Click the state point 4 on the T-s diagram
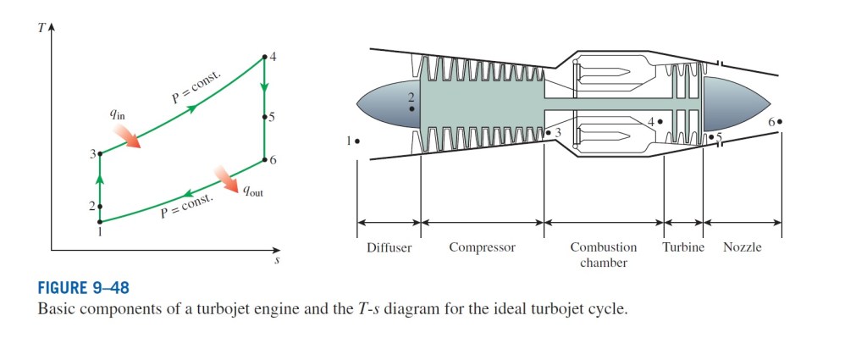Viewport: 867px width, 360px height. click(264, 57)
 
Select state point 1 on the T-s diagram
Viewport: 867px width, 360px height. click(100, 222)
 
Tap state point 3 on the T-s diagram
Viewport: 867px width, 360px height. click(100, 153)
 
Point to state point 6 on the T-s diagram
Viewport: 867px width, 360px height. click(264, 159)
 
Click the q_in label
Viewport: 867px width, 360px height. click(115, 115)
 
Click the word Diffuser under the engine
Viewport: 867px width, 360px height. click(389, 248)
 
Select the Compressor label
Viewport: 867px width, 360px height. click(482, 248)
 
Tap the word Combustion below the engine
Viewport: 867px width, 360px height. click(603, 248)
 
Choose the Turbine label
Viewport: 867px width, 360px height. click(683, 248)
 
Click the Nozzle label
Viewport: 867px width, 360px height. click(743, 248)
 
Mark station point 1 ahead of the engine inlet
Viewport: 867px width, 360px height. click(358, 141)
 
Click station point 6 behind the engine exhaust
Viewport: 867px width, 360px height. click(779, 122)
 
